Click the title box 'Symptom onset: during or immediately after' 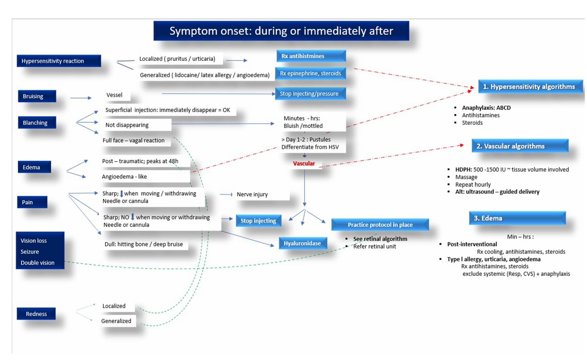281,31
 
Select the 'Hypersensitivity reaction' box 59,61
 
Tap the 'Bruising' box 37,96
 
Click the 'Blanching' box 37,122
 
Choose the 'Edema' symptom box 34,167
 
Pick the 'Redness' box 36,314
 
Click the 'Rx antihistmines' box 311,56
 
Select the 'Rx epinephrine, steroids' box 310,73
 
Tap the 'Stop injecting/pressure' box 310,94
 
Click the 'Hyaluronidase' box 302,243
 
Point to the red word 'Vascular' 304,164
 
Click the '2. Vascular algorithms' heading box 520,146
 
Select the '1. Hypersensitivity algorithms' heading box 530,87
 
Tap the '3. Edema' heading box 517,218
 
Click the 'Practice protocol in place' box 380,225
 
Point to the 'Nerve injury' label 252,194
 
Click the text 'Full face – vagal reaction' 134,140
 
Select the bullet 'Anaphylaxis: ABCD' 486,108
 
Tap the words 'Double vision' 37,263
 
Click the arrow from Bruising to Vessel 80,98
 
